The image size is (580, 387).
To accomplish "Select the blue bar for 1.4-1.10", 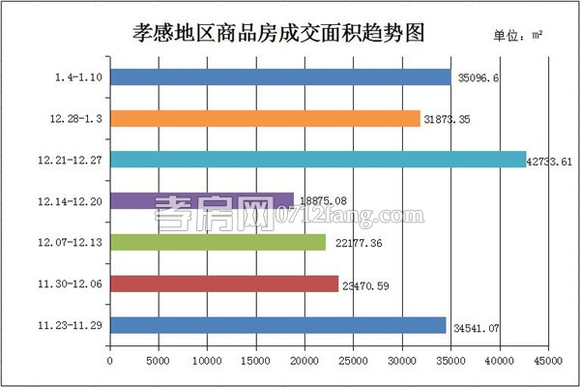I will (280, 77).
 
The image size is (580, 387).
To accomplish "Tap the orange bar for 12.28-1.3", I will (265, 118).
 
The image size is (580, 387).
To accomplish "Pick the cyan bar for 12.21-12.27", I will (318, 160).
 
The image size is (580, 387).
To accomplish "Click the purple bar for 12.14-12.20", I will (202, 201).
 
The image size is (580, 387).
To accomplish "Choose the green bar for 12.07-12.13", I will (217, 242).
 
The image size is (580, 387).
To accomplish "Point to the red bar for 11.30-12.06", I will (224, 283).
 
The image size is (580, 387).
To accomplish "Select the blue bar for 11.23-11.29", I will (278, 325).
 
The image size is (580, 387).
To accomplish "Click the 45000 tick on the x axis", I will (548, 361).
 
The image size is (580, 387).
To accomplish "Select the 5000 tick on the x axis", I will (159, 361).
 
